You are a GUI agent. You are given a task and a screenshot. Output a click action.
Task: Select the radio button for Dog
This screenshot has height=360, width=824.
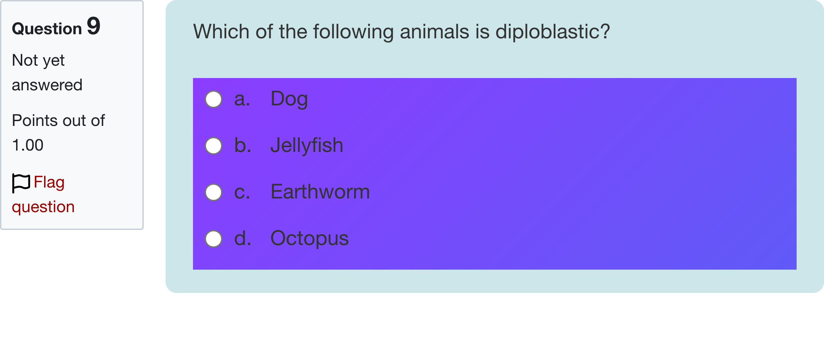click(214, 99)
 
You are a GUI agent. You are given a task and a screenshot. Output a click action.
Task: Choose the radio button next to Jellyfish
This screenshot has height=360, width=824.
click(214, 146)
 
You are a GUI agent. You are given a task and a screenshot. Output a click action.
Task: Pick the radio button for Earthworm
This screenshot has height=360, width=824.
click(214, 192)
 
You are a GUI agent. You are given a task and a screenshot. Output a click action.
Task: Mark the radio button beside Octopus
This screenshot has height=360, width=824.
click(214, 239)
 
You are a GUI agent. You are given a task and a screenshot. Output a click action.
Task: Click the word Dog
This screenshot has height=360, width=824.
click(289, 99)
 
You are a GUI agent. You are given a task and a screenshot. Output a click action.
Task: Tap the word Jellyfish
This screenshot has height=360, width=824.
click(307, 145)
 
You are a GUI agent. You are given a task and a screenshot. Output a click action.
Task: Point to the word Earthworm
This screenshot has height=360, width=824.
click(320, 192)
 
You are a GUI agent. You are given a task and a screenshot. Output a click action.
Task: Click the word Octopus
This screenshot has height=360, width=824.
click(309, 239)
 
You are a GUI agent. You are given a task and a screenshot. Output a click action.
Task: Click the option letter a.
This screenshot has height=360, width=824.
click(242, 99)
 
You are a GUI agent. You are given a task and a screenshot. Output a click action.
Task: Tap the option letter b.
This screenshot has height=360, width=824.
click(243, 145)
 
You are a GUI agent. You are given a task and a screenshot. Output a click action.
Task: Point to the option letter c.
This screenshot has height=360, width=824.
click(242, 192)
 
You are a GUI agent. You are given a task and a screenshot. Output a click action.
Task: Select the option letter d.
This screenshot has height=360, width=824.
click(243, 239)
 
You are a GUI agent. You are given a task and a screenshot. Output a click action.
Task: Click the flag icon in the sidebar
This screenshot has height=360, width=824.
click(21, 183)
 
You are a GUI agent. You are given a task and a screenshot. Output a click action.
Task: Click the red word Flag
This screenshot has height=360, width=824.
click(49, 182)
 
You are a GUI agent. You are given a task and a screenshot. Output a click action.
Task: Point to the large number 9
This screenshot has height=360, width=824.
click(93, 26)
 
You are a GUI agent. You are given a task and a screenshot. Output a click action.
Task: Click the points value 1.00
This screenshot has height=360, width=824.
click(28, 145)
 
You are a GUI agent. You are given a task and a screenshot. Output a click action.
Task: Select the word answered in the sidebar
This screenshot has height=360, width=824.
click(47, 85)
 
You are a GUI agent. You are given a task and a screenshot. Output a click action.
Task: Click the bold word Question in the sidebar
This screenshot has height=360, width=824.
click(47, 29)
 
